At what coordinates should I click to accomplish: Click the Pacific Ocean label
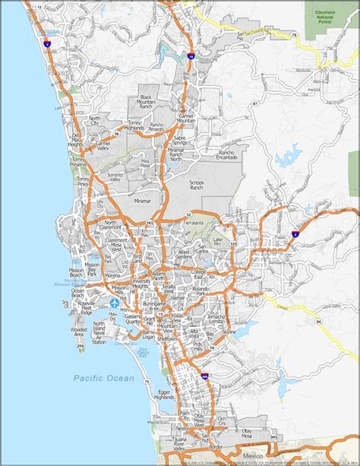[x=103, y=378]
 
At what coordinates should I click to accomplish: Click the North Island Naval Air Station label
[x=99, y=333]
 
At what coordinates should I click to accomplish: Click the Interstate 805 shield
[x=205, y=374]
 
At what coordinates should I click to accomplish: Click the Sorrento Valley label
[x=113, y=176]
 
